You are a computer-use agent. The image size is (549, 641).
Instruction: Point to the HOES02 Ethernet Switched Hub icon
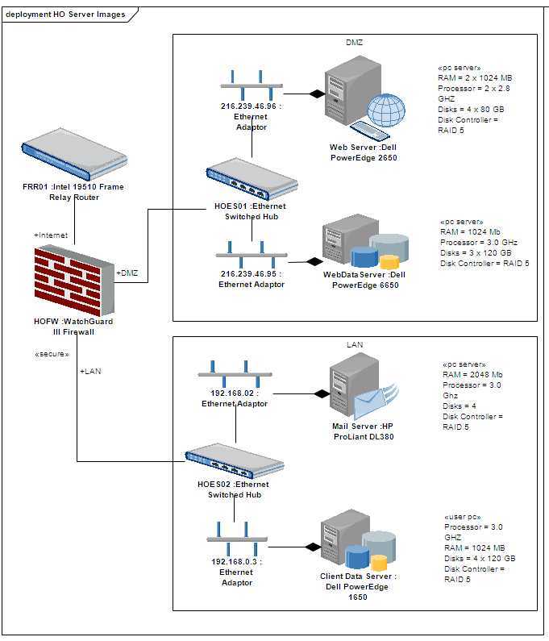point(234,461)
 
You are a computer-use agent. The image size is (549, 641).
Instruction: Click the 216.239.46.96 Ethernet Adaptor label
point(251,116)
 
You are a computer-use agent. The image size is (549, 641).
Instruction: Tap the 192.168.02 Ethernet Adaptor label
point(234,399)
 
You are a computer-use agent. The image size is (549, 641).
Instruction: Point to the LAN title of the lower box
point(355,344)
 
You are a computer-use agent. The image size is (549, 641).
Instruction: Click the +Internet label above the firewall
point(51,235)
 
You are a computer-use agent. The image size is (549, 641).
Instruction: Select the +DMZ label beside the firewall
point(127,273)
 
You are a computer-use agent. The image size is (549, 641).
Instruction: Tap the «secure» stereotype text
point(52,354)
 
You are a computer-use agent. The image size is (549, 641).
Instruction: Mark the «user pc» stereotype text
point(463,517)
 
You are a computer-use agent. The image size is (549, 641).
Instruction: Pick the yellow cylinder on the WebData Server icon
point(389,262)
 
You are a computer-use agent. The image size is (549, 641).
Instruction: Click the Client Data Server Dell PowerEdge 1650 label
point(358,587)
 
